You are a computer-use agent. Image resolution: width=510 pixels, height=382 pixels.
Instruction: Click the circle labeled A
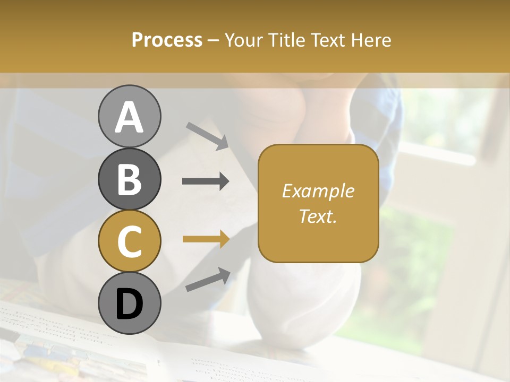(129, 116)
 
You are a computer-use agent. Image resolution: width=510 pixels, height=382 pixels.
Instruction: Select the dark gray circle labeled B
(129, 179)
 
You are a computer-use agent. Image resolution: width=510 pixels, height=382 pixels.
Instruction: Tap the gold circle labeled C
(129, 241)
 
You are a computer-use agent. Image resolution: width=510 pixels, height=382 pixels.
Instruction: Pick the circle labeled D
(129, 303)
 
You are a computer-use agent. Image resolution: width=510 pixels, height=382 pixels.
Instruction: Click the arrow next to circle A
(207, 136)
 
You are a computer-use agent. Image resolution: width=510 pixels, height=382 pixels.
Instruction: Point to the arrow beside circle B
(206, 181)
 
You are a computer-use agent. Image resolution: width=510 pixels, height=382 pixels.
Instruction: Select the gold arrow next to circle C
(206, 239)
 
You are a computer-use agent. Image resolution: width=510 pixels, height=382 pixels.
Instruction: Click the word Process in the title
(167, 40)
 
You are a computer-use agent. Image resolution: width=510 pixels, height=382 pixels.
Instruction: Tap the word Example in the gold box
(318, 191)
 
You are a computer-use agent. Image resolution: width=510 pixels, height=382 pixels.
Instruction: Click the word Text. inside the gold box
(318, 216)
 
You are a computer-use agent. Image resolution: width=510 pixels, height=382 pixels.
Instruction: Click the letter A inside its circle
(129, 117)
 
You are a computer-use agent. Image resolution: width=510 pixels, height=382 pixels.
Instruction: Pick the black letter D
(129, 304)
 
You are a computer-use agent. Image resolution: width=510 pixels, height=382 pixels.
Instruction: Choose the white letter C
(129, 241)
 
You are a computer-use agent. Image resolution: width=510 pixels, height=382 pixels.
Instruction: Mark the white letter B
(129, 179)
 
